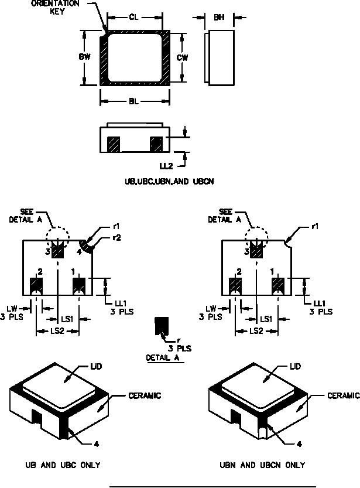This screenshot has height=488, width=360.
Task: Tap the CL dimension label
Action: pos(134,18)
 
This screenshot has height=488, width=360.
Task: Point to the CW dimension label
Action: pos(182,57)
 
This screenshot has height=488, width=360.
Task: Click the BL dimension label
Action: pos(134,101)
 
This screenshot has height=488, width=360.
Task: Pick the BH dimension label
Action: pos(219,18)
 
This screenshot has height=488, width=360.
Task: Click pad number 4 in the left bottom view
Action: pos(80,251)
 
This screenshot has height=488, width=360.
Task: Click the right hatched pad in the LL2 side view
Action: pos(156,144)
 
